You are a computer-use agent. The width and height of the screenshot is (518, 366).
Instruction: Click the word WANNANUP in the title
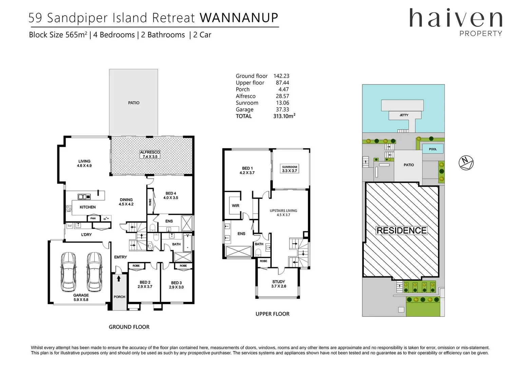tap(239, 18)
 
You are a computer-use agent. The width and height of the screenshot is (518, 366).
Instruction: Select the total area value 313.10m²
tap(284, 116)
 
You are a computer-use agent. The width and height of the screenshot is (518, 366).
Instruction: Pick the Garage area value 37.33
tap(282, 109)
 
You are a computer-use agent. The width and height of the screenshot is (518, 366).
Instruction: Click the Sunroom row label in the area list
tap(247, 103)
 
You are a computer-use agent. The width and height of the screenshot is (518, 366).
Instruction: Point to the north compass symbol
tap(466, 163)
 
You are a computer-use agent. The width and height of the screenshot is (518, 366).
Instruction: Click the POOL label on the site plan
tap(433, 149)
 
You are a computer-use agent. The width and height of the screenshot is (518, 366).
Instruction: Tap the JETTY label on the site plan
tap(404, 115)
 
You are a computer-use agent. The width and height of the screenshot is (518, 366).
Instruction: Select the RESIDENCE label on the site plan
tap(402, 230)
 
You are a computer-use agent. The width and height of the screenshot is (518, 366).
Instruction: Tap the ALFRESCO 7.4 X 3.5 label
tap(150, 155)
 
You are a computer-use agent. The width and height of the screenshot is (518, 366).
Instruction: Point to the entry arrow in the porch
tap(118, 279)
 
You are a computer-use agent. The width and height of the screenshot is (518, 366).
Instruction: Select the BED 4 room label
tap(171, 196)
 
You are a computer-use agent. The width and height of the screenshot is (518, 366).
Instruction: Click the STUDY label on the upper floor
tap(279, 284)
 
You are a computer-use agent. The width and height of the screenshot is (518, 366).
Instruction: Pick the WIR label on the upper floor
tap(235, 206)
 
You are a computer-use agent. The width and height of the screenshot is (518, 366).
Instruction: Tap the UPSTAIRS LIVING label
tap(283, 212)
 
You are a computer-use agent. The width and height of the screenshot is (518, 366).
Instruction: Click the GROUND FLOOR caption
tap(129, 327)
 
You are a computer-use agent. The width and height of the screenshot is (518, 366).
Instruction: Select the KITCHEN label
tap(88, 207)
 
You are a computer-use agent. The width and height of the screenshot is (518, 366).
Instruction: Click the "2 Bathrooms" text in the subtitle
tap(163, 35)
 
